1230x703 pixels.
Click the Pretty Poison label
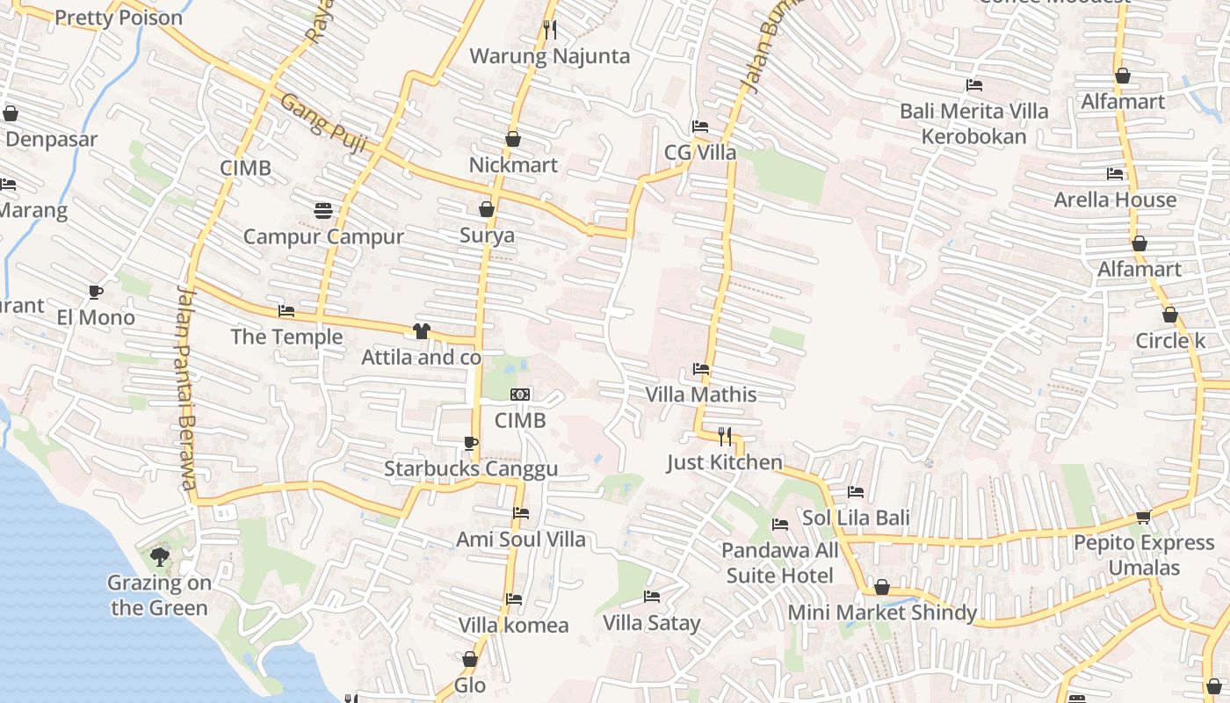point(119,18)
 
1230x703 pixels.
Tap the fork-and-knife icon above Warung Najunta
point(550,30)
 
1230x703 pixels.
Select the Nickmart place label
point(513,165)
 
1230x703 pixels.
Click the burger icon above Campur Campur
point(323,211)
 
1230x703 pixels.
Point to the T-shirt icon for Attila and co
point(422,331)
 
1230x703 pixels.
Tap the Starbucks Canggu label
point(471,469)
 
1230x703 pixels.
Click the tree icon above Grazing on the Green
point(159,556)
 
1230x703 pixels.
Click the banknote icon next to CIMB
point(520,395)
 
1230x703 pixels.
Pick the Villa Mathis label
point(701,395)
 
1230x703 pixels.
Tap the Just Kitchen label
point(724,462)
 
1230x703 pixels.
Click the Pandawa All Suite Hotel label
point(780,563)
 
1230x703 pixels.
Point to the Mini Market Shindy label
point(882,612)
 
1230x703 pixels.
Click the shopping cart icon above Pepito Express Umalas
point(1143,517)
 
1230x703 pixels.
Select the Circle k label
point(1170,340)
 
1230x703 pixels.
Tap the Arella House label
point(1115,199)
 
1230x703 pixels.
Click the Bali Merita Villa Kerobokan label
point(973,124)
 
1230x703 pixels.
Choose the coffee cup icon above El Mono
point(96,292)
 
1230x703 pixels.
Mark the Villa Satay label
point(651,623)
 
